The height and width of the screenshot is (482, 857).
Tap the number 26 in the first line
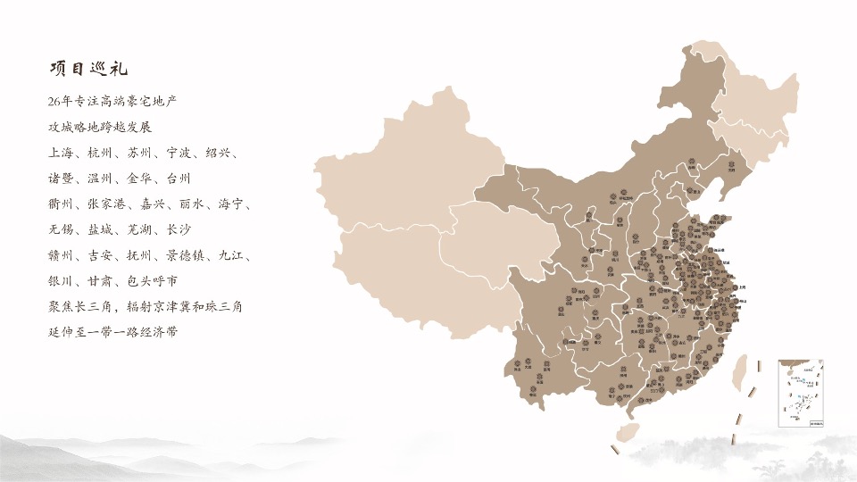58,101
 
